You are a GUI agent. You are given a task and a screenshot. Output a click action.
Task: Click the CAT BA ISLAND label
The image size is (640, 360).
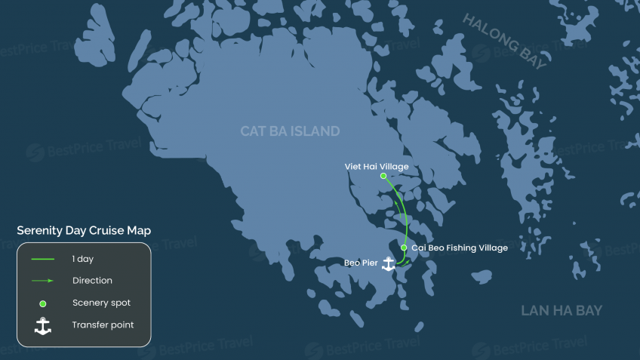point(290,131)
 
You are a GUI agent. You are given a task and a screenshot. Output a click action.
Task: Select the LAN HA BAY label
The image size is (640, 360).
point(562,311)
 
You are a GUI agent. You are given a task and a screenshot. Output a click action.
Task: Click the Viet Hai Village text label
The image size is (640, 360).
point(376,165)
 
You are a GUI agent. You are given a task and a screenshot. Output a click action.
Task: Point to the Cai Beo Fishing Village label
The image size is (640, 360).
point(460,248)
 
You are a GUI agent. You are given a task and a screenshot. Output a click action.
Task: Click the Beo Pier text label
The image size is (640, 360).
point(361,263)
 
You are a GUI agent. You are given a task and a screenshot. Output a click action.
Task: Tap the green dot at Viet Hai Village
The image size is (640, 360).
point(383,176)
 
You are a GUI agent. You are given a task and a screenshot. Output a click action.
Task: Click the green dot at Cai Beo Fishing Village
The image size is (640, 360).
point(405,248)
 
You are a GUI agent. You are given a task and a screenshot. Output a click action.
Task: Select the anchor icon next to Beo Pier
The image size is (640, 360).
point(389,264)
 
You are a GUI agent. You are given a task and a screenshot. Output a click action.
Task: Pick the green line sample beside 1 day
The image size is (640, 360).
point(43,259)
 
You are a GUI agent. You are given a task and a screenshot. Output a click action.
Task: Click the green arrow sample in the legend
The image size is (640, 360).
point(43,281)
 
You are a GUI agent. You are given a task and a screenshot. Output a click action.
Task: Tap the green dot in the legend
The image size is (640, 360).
point(43,303)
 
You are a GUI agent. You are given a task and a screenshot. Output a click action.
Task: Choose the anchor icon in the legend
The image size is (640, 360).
point(43,326)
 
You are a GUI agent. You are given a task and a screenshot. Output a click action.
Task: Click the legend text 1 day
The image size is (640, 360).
point(83,259)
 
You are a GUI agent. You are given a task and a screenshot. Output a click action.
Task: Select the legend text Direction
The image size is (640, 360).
point(92,281)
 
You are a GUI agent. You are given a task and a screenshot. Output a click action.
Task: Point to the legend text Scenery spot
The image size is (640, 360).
point(102,303)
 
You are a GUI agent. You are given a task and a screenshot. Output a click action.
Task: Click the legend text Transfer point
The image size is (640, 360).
point(103,326)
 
